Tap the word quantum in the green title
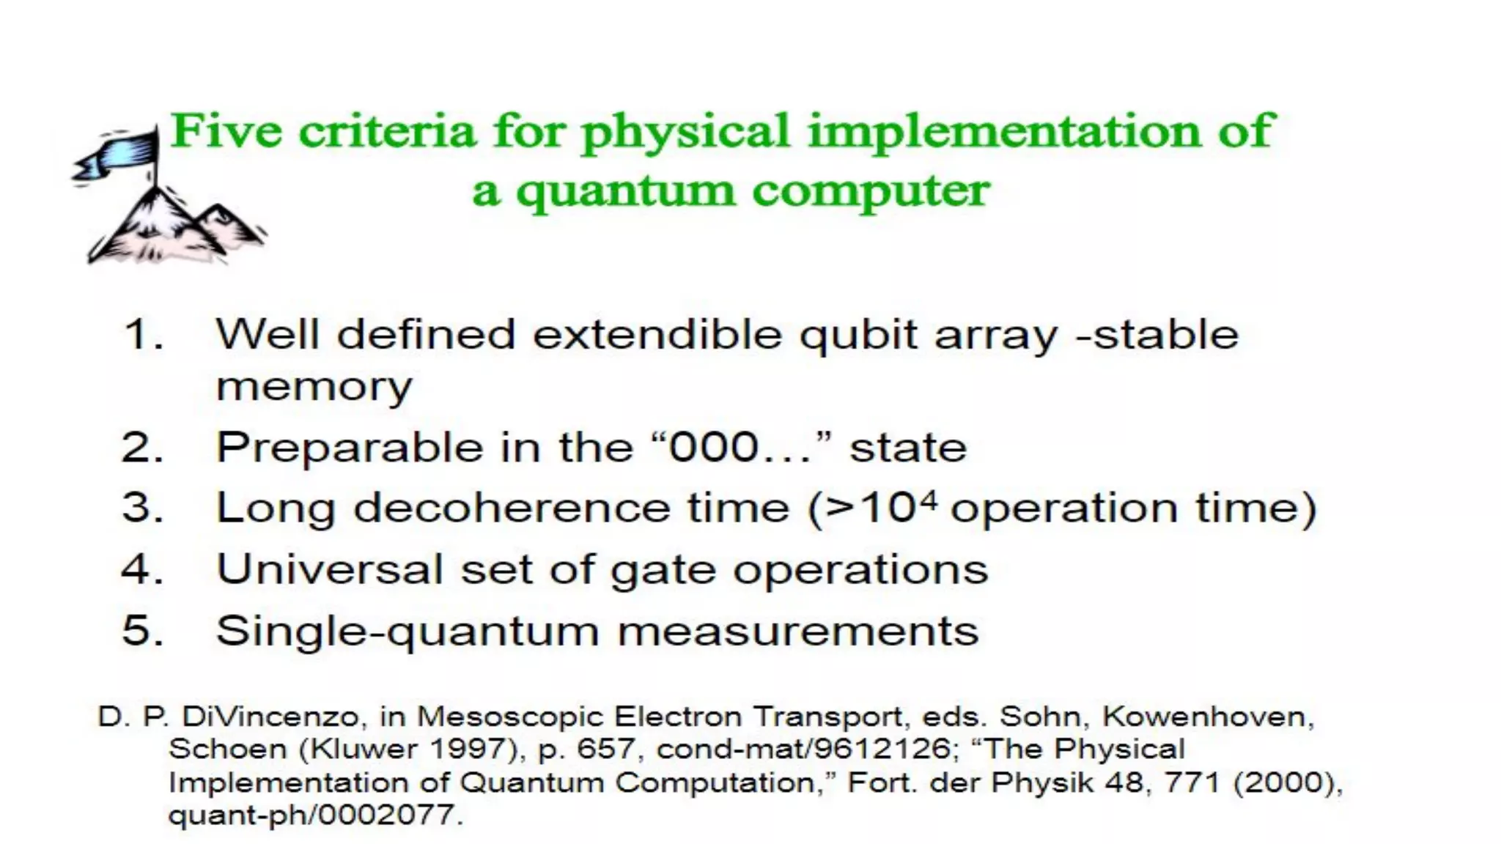pos(624,192)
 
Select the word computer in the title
pos(871,192)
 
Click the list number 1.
pos(143,335)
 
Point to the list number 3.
pos(142,508)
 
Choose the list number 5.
pos(142,630)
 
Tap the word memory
pos(314,388)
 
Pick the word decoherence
pos(512,508)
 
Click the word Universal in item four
pos(329,569)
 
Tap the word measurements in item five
pos(798,631)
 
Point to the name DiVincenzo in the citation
pos(270,717)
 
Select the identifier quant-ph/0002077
pos(315,815)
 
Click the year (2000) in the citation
pos(1288,782)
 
